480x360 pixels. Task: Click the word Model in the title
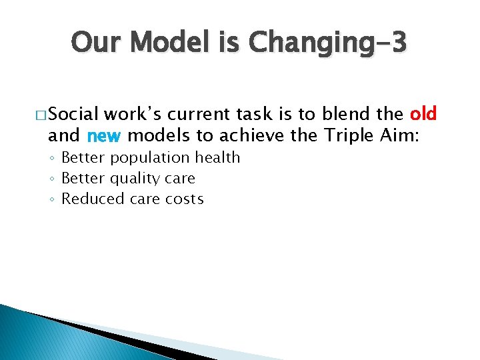pyautogui.click(x=169, y=43)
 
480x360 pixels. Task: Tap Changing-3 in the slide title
pyautogui.click(x=325, y=43)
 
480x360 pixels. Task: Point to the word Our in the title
pyautogui.click(x=97, y=43)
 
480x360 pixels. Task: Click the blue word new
pyautogui.click(x=103, y=136)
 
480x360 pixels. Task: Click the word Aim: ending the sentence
pyautogui.click(x=408, y=136)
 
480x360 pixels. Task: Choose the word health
pyautogui.click(x=218, y=157)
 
